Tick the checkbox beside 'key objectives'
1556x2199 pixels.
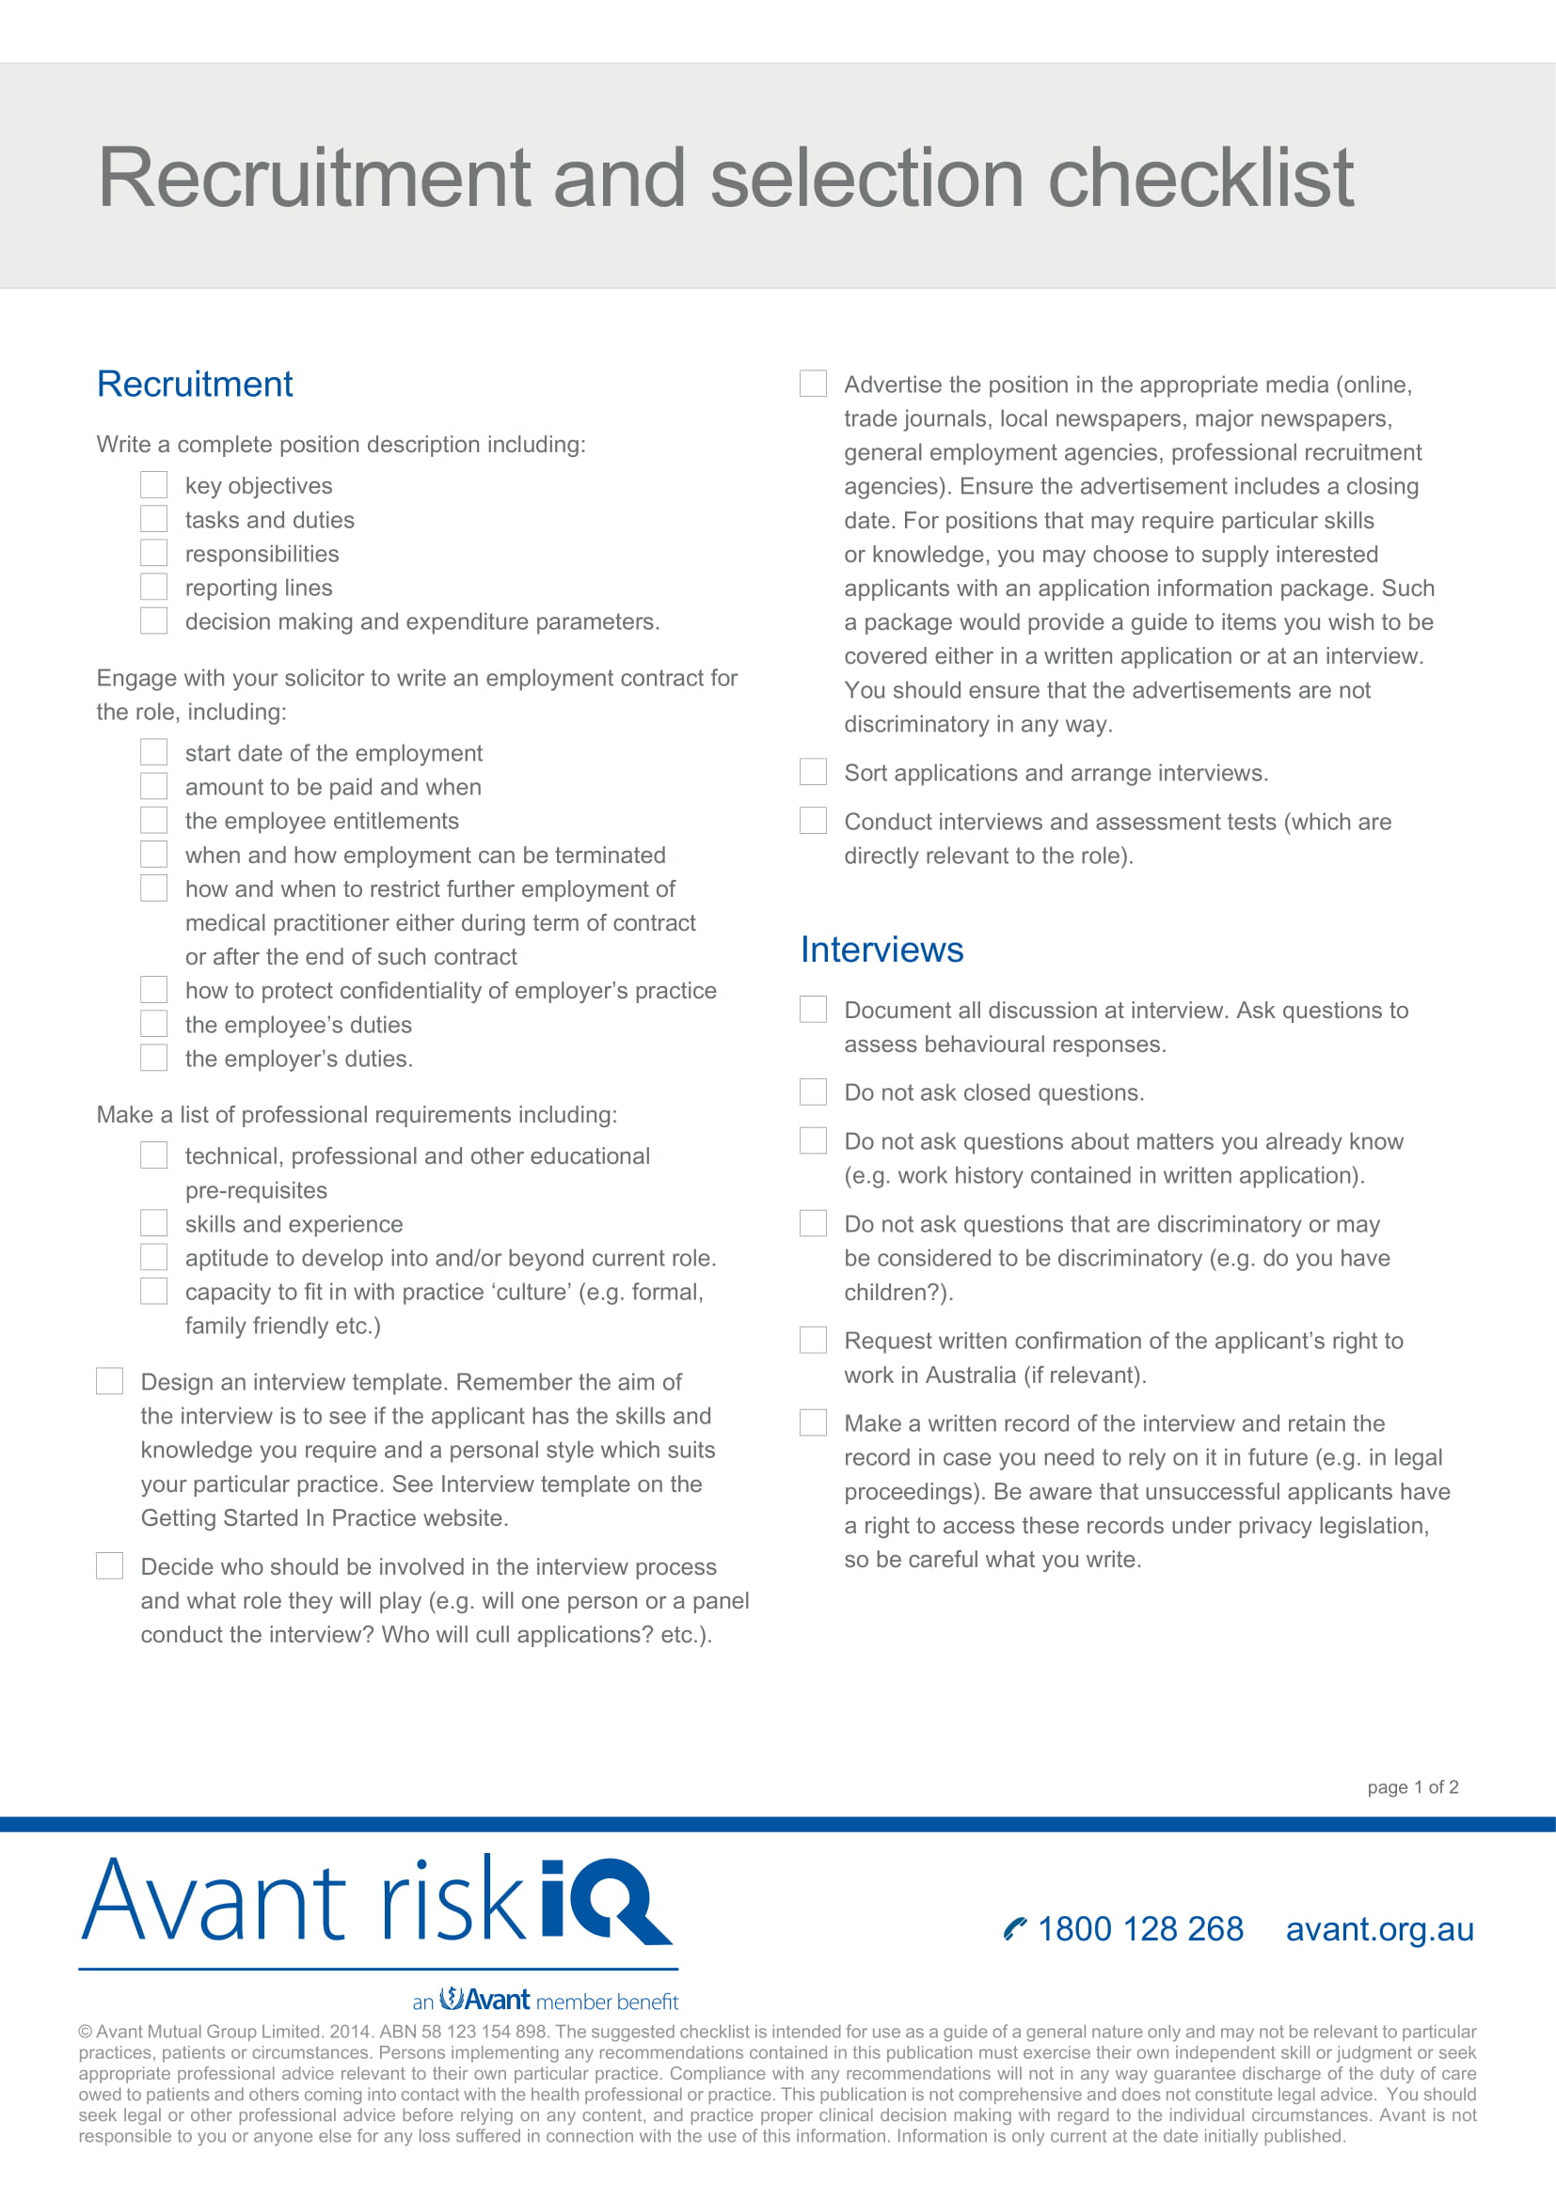(153, 484)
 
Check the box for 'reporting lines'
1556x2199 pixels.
(153, 586)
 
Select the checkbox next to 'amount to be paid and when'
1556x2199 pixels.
(153, 785)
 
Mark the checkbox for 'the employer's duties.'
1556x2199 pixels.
(153, 1058)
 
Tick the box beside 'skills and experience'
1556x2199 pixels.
(153, 1223)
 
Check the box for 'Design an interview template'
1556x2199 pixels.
(109, 1380)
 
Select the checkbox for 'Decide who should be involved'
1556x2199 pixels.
(109, 1565)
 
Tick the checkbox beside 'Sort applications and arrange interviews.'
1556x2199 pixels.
(813, 771)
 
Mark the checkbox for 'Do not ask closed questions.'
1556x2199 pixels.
(813, 1092)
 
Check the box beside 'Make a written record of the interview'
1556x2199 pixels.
(813, 1422)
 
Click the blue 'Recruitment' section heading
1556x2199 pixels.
(195, 385)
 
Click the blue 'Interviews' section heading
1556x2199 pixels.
(881, 950)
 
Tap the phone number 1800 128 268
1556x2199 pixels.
(1140, 1929)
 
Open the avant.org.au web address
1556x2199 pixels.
(1379, 1929)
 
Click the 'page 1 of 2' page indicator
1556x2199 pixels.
(1412, 1787)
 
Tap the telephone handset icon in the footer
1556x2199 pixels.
(1014, 1929)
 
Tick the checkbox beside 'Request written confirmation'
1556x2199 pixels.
(813, 1340)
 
